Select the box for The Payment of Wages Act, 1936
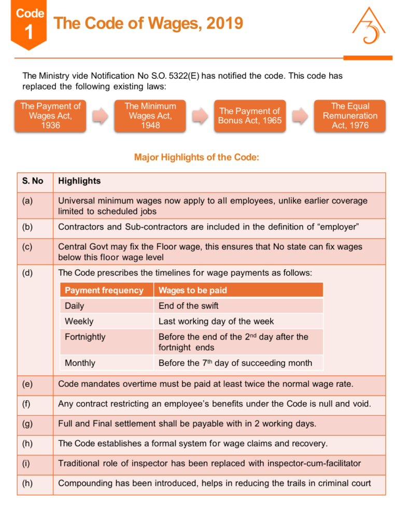50,116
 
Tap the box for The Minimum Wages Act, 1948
150,116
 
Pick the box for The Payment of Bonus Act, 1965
250,116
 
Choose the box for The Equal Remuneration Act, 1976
350,116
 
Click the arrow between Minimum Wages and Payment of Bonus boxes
200,116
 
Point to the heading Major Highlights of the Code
196,157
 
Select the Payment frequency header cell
104,290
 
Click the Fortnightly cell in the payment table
85,337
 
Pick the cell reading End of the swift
189,306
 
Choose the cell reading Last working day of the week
216,322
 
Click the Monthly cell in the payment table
80,363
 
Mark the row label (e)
27,385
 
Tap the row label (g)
27,424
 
